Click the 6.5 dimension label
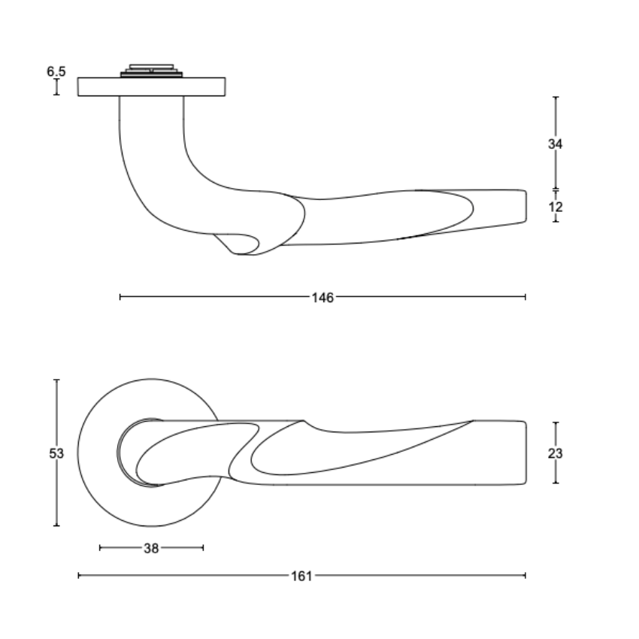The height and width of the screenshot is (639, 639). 56,71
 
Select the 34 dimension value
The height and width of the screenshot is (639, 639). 555,144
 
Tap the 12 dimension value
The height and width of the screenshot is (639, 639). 556,207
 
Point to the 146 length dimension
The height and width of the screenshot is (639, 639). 323,298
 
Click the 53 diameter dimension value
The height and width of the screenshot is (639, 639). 56,453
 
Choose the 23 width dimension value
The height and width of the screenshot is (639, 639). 555,453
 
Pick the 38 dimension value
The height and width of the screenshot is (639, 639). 151,548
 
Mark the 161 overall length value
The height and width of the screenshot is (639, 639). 301,576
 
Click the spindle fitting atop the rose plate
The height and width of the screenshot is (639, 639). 151,71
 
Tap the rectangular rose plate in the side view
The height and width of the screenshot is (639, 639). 152,86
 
